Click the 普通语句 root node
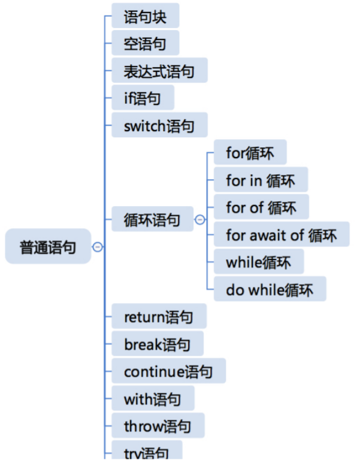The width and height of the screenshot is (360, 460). tap(48, 246)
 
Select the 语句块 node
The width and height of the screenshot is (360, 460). tap(145, 16)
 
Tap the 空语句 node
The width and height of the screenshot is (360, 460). tap(145, 43)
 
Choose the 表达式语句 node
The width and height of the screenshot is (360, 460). tap(159, 71)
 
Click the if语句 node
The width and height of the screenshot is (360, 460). tap(143, 98)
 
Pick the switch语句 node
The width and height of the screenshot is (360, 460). tap(159, 126)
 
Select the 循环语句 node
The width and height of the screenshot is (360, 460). tap(153, 219)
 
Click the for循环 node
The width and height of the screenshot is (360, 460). tap(250, 152)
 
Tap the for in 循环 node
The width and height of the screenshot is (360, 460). tap(261, 180)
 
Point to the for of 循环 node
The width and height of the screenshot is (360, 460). tap(261, 207)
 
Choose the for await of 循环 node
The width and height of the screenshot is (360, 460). tap(281, 234)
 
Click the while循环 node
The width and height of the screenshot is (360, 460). tap(258, 262)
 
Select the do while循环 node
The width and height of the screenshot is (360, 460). tap(270, 289)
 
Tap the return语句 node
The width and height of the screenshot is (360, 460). tap(159, 316)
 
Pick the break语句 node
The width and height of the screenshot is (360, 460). tap(157, 344)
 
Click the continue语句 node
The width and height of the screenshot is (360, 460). tap(168, 371)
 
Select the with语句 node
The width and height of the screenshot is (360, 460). tap(152, 398)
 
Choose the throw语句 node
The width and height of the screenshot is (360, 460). tap(158, 426)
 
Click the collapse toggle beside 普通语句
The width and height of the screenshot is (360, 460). tap(98, 246)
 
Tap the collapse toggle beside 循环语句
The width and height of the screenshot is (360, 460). tap(199, 220)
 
